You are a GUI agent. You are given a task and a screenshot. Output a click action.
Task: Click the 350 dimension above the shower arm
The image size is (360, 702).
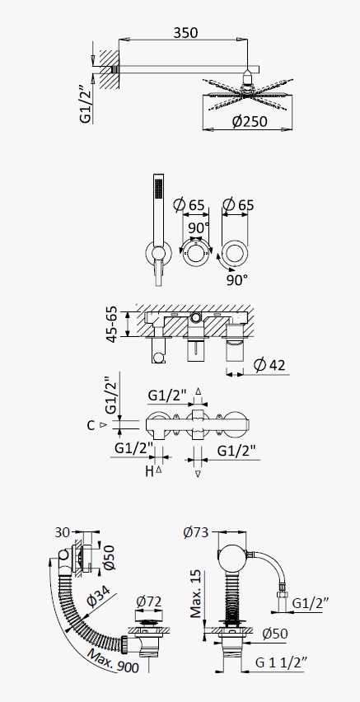[x=185, y=33]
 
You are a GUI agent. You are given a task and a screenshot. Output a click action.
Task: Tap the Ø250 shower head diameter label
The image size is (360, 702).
[x=250, y=121]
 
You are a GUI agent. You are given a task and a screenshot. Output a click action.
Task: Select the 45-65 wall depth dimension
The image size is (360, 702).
[x=112, y=324]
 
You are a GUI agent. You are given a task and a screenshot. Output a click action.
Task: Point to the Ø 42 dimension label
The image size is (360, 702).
[x=269, y=365]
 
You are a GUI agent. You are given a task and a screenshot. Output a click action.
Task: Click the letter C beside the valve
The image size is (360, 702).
[x=91, y=425]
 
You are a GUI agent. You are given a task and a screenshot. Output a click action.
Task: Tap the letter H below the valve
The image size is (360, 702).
[x=149, y=471]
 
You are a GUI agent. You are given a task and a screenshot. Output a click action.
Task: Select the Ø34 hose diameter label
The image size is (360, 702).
[x=97, y=595]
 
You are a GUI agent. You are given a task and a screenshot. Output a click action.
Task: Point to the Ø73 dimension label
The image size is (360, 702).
[x=196, y=532]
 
